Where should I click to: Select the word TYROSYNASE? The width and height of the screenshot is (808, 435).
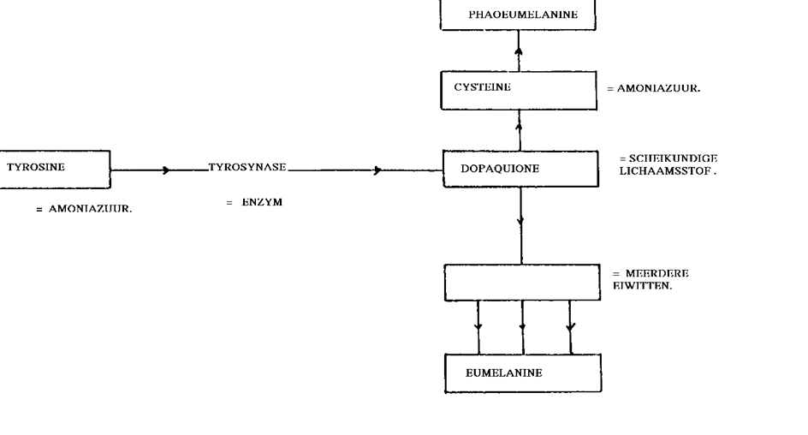247,167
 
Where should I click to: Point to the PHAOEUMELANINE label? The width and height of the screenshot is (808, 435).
523,15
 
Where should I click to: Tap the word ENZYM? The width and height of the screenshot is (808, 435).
262,202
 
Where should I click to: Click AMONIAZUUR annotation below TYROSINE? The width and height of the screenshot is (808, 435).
90,209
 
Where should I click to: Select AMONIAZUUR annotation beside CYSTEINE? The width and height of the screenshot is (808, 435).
658,88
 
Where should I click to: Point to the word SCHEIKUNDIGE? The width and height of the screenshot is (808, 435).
673,158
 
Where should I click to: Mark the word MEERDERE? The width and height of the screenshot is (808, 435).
657,273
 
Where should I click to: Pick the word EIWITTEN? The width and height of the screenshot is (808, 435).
642,285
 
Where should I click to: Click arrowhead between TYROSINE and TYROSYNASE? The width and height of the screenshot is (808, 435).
166,170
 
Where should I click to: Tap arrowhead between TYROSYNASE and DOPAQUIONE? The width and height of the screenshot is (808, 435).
377,170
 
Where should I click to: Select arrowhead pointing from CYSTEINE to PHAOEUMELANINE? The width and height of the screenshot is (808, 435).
519,51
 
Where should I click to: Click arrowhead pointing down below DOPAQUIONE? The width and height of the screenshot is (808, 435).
520,221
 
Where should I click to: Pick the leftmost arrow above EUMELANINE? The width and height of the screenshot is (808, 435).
478,327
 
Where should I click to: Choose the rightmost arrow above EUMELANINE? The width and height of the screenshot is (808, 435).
570,327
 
